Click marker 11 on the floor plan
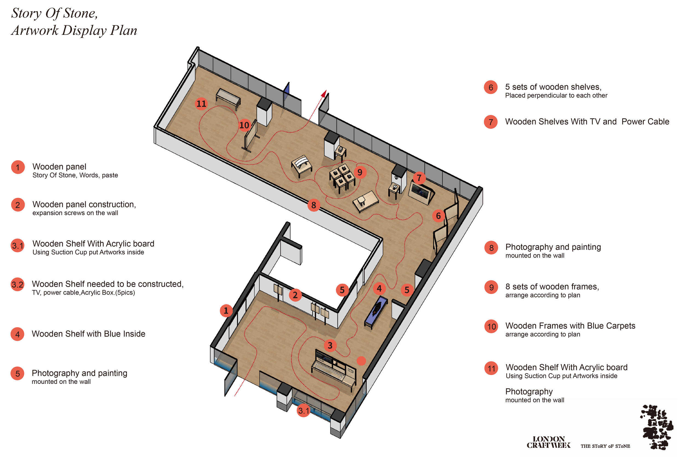[201, 104]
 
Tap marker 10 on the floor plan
[244, 125]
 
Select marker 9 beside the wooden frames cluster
[360, 172]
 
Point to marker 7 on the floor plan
[419, 177]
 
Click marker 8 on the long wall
[313, 205]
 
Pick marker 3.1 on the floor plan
[303, 411]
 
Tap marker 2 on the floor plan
[295, 295]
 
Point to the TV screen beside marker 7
[420, 191]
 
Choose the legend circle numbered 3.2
[18, 284]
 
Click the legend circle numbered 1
[18, 167]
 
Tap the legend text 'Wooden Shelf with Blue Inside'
[89, 334]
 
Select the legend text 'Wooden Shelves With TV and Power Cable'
[587, 122]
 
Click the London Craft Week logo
[549, 442]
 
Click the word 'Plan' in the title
[123, 30]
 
